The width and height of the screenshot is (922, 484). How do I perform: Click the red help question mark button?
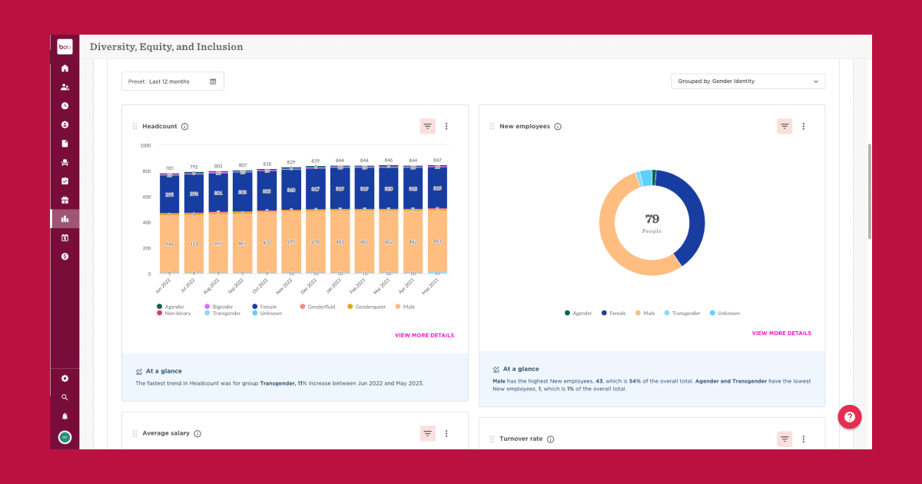click(x=849, y=416)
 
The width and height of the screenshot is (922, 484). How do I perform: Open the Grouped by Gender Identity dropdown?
click(x=748, y=81)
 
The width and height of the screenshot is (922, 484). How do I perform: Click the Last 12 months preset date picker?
click(x=172, y=81)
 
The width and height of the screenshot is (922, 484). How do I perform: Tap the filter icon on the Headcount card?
click(x=428, y=127)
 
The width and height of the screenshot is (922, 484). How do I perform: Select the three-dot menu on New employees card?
click(x=804, y=127)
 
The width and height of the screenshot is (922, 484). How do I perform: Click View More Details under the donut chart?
click(x=781, y=333)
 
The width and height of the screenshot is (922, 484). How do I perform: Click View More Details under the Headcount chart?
click(x=424, y=336)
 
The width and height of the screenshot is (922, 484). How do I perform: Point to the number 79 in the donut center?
click(x=652, y=219)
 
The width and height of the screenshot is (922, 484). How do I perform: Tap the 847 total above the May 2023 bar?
click(x=437, y=160)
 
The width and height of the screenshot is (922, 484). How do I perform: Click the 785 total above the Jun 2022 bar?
click(x=169, y=168)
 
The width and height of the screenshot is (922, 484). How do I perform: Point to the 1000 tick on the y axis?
click(x=145, y=145)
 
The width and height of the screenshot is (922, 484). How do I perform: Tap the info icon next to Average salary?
click(x=197, y=433)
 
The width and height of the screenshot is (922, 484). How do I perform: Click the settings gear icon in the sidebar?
click(x=65, y=379)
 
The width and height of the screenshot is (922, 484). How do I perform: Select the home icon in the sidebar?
click(x=65, y=68)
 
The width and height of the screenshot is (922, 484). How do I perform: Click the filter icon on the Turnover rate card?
click(x=784, y=439)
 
